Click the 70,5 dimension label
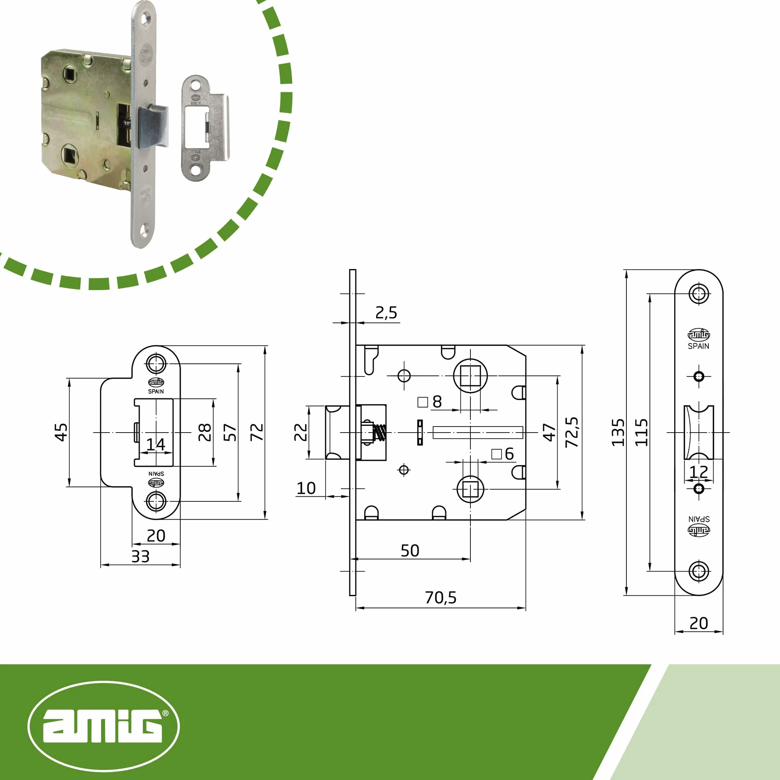click(441, 598)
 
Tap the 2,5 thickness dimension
click(386, 313)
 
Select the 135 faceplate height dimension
click(618, 433)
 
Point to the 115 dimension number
click(642, 433)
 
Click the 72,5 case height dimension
click(572, 432)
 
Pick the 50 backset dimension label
click(410, 551)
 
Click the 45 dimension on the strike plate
click(61, 432)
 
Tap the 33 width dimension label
click(140, 557)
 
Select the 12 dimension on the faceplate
click(698, 472)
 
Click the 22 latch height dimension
click(301, 432)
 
